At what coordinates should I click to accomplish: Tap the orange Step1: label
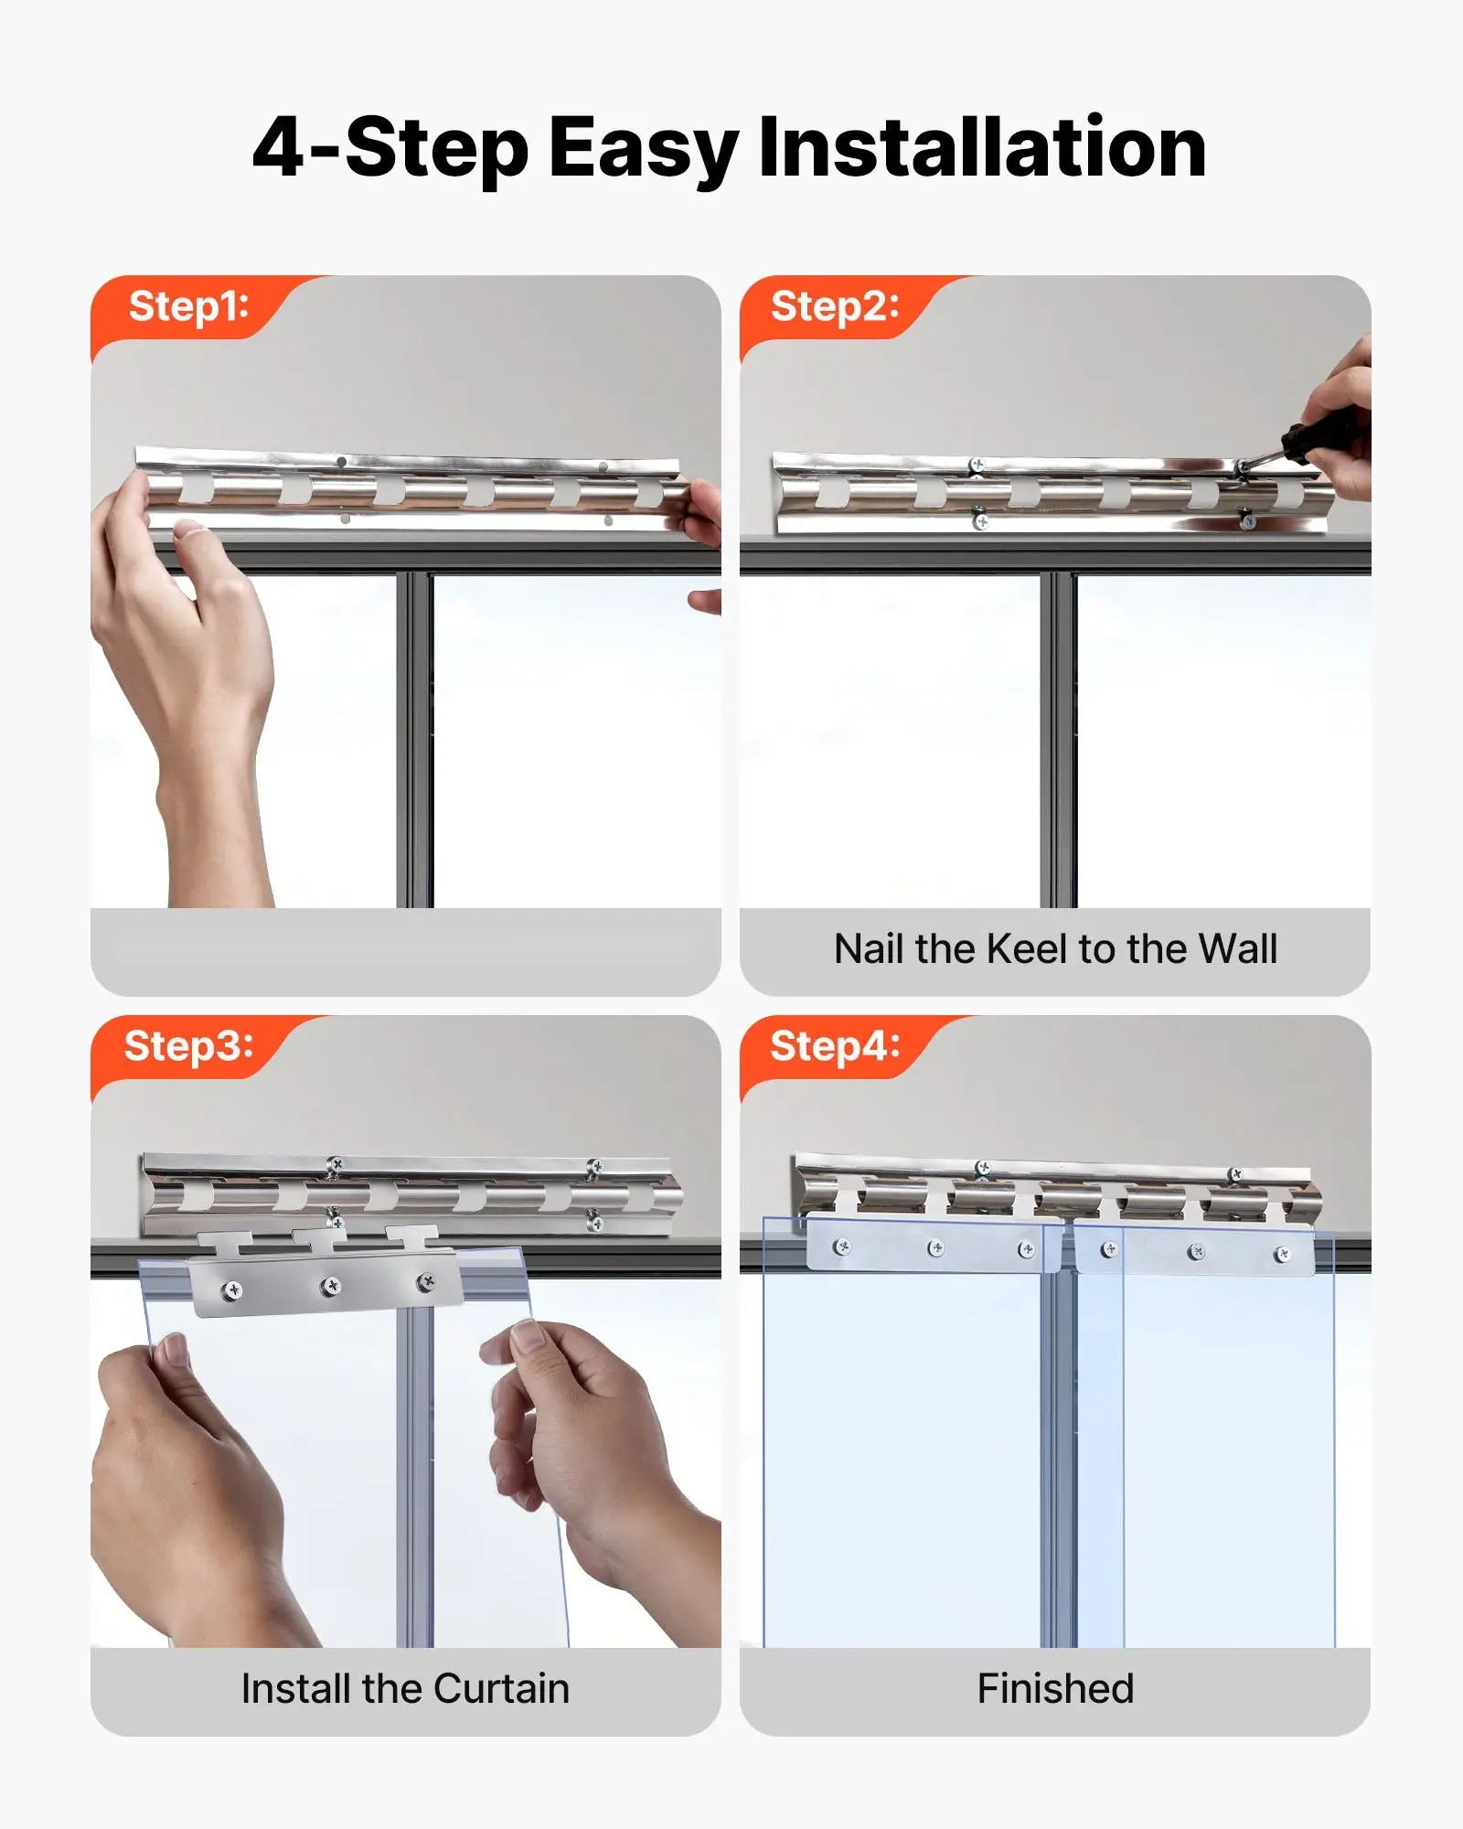[188, 306]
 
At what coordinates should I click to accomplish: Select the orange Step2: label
[835, 306]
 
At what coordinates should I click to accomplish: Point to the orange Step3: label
[188, 1046]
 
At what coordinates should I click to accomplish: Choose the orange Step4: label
[835, 1046]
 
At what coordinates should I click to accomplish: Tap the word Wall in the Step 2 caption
[1238, 948]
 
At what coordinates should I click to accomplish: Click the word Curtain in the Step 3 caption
[501, 1688]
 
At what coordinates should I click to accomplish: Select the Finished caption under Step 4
[1055, 1688]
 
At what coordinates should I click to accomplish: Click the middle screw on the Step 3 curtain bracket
[331, 1287]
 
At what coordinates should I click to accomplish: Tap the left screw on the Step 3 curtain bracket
[233, 1290]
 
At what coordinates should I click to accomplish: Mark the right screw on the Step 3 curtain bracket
[426, 1282]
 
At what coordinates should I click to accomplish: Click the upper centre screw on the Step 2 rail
[977, 465]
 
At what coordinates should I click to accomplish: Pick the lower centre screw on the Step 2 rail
[980, 521]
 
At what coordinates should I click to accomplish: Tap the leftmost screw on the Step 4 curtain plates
[843, 1246]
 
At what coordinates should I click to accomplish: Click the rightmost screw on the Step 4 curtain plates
[1282, 1255]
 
